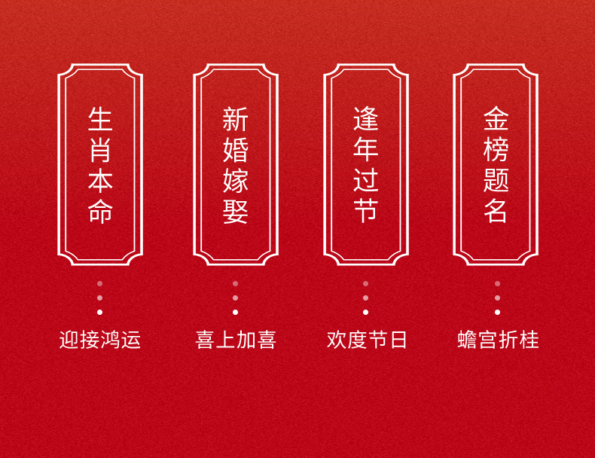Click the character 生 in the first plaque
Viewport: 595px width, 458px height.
click(100, 120)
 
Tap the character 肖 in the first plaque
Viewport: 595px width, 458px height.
click(100, 150)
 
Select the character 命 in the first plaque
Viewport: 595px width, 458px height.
click(100, 211)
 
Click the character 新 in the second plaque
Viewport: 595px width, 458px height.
click(235, 120)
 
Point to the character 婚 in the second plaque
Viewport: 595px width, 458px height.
click(235, 150)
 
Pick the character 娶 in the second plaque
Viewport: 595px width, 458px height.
click(235, 211)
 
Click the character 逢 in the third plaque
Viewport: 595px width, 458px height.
click(366, 120)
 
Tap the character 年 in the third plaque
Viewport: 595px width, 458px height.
click(366, 150)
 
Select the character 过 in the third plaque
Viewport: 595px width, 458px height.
click(366, 181)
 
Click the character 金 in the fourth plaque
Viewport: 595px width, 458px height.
click(496, 120)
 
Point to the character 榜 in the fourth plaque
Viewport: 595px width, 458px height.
click(496, 150)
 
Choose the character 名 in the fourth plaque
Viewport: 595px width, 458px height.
click(496, 211)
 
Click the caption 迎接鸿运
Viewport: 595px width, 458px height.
click(100, 340)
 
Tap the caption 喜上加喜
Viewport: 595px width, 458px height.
click(236, 340)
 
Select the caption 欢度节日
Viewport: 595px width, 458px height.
click(367, 340)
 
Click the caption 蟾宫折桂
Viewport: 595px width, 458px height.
click(498, 340)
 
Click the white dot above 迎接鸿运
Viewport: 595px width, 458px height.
click(99, 312)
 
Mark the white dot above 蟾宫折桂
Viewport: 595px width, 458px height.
click(497, 312)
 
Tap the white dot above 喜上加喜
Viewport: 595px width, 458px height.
click(235, 312)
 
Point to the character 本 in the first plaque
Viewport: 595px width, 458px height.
click(100, 181)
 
